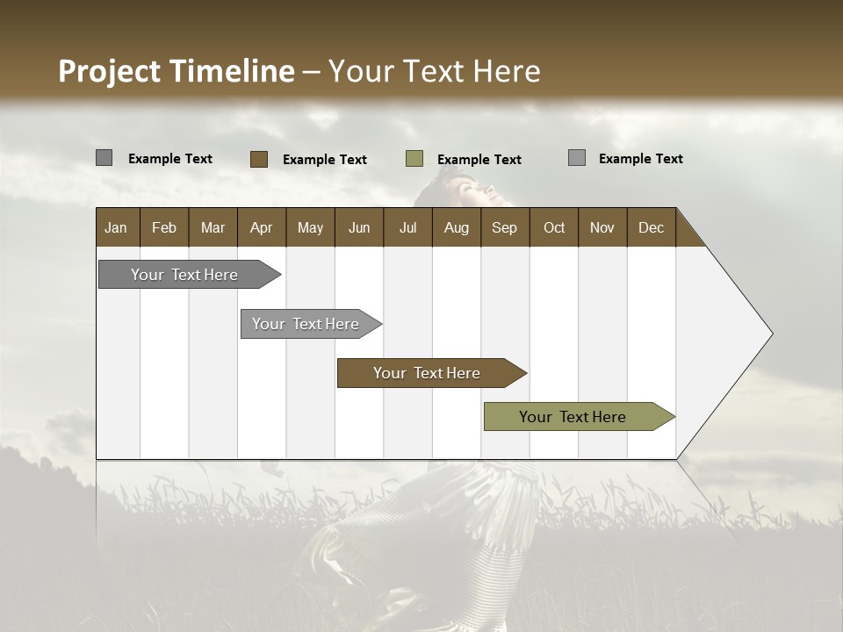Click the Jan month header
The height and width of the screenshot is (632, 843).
116,227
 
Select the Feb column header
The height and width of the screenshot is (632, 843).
164,227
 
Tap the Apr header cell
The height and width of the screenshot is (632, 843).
261,227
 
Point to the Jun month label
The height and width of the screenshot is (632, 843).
359,227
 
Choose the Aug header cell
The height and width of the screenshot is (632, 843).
456,227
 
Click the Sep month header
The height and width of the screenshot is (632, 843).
504,227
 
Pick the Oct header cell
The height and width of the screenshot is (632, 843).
554,227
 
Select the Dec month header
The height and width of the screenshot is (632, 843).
651,227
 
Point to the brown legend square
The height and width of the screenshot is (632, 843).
259,159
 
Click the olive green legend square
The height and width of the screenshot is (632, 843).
414,159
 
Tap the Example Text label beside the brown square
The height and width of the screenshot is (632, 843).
324,160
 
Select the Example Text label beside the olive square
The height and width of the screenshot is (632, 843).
479,160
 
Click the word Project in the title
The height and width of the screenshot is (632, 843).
110,71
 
